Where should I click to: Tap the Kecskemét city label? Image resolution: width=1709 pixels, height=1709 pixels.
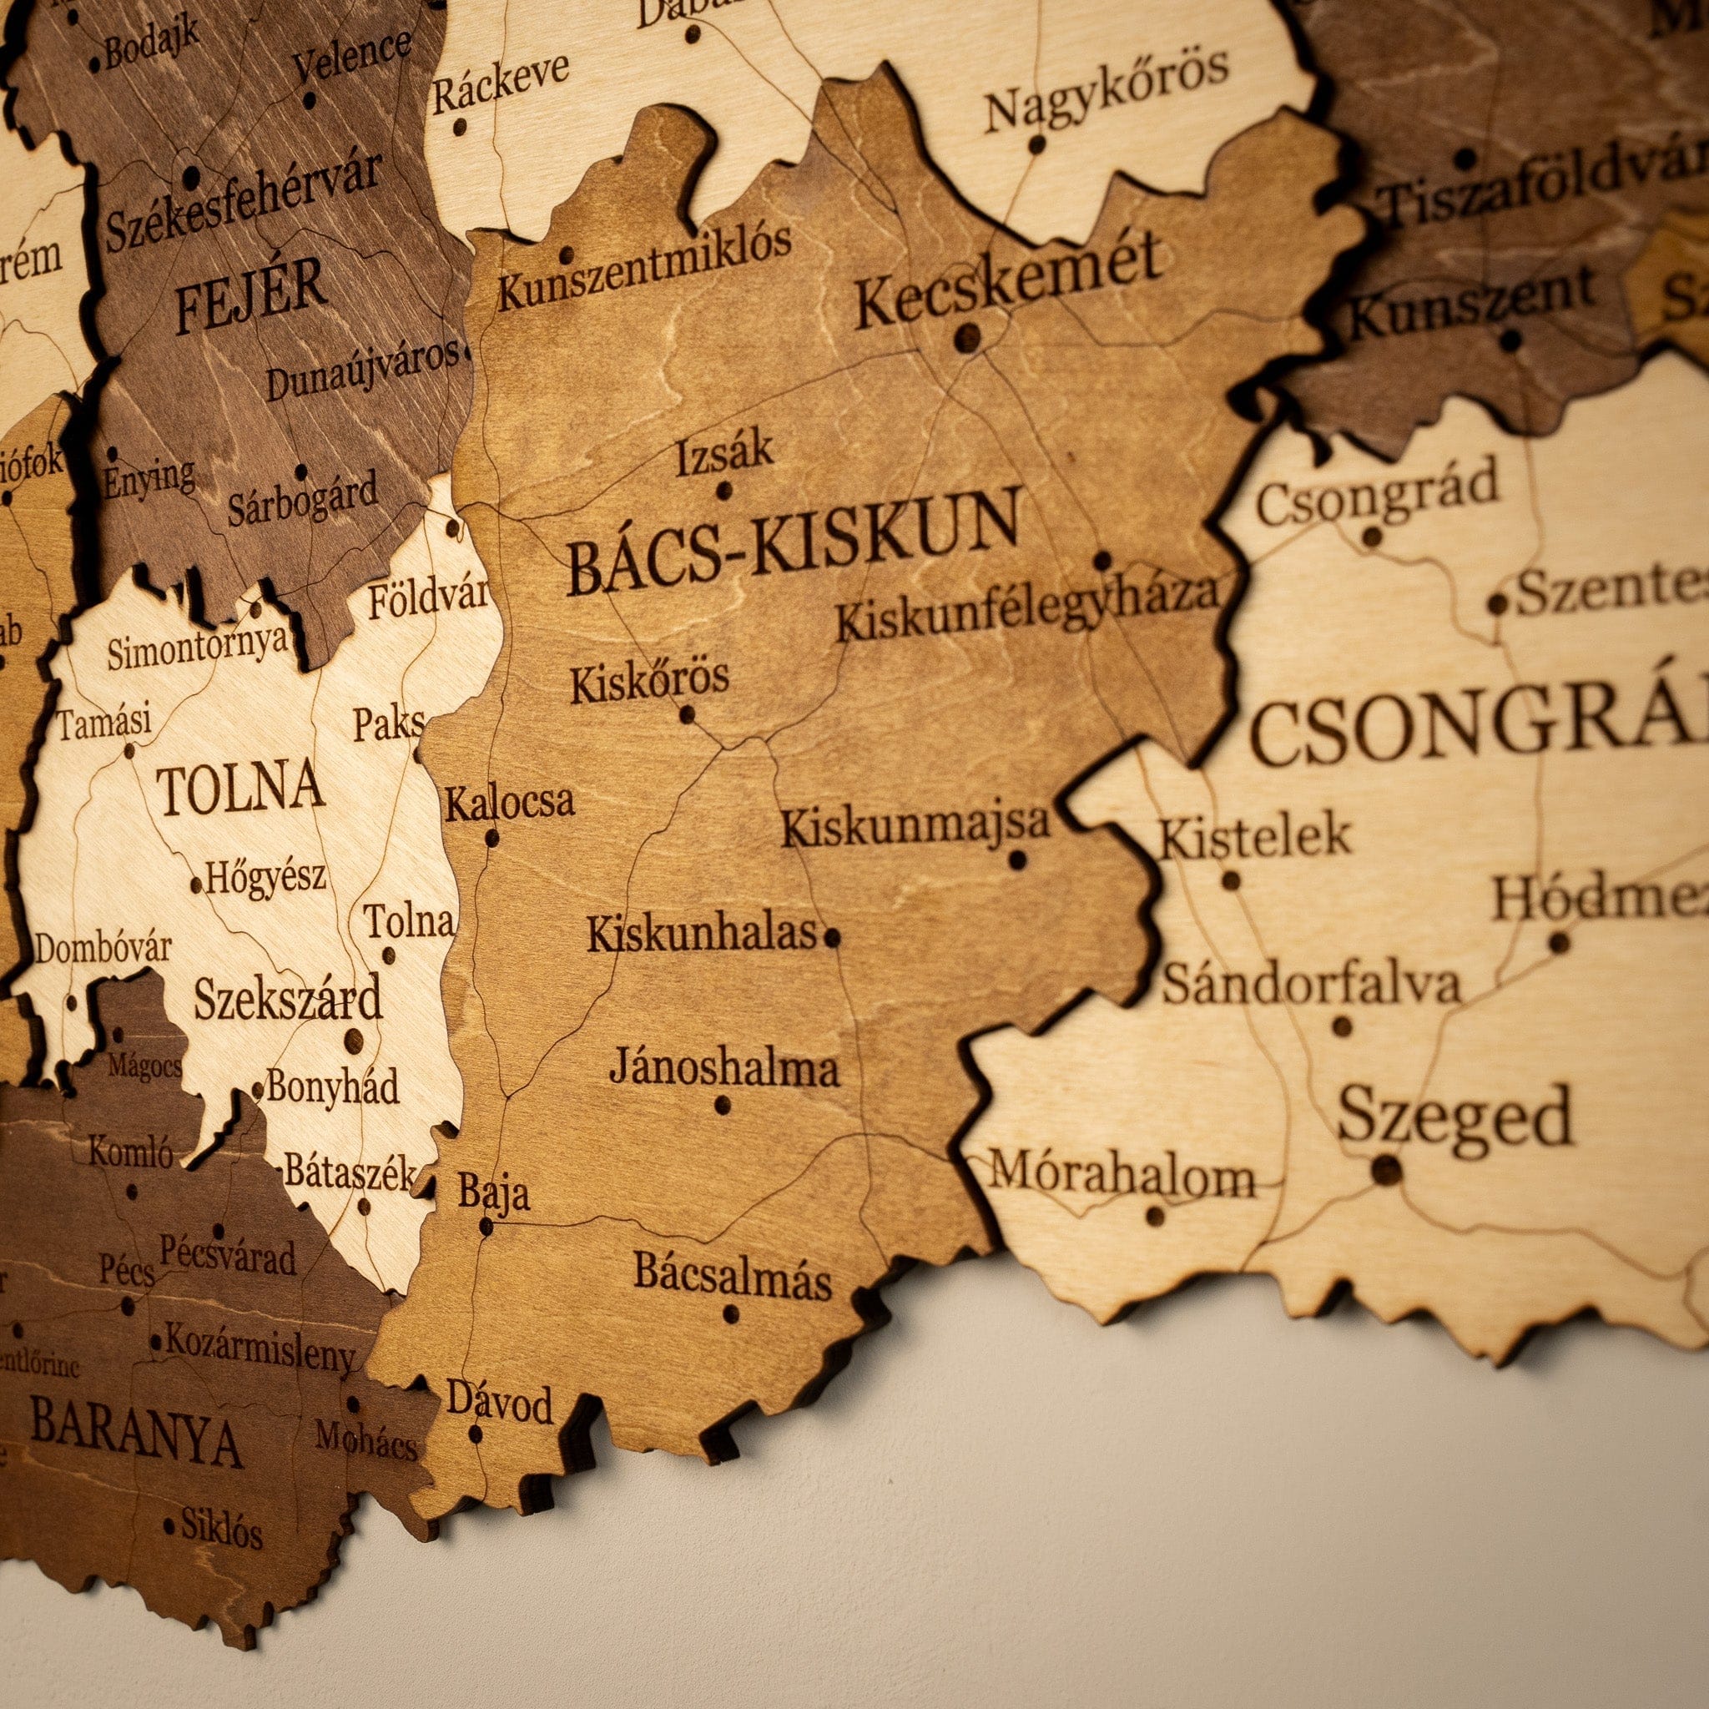coord(1006,281)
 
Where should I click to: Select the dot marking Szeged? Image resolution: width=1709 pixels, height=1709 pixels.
coord(1386,1169)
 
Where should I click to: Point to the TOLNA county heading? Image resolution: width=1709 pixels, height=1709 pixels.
coord(239,789)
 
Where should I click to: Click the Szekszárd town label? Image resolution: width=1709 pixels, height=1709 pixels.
coord(288,1000)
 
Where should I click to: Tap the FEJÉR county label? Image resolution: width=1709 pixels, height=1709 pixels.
coord(250,299)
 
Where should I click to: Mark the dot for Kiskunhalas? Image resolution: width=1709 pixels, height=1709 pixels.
coord(831,938)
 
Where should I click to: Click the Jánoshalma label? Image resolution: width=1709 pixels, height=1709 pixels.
coord(723,1070)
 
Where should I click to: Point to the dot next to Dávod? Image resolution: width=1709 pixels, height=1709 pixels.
coord(476,1434)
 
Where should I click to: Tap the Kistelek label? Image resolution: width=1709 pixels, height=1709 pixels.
coord(1254,837)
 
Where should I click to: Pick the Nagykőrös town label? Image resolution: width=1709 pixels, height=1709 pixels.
coord(1106,88)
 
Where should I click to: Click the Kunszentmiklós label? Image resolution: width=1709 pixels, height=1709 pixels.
coord(644,265)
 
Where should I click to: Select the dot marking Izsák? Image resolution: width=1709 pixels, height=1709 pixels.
coord(724,489)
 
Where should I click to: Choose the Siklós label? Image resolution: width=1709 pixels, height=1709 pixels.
coord(221,1528)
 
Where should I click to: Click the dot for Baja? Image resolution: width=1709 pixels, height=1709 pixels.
coord(486,1226)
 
